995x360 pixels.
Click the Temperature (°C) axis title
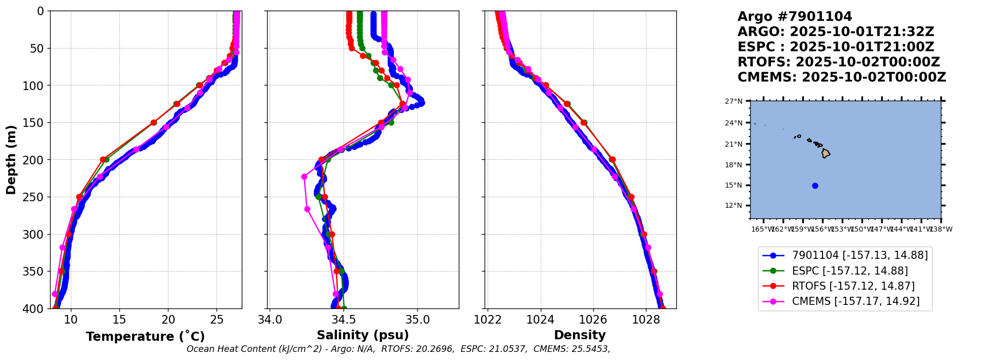tap(145, 337)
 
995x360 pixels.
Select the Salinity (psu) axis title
tap(363, 335)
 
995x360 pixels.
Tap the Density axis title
tap(580, 335)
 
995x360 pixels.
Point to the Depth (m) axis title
tap(11, 160)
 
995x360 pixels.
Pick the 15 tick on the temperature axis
tap(119, 320)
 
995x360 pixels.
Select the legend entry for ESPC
tap(849, 271)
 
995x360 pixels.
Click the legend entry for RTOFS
tap(853, 286)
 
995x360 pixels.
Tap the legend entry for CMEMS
tap(855, 301)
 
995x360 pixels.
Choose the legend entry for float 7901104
tap(859, 256)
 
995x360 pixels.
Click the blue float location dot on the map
tap(815, 186)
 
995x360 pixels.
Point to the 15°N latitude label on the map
tap(734, 186)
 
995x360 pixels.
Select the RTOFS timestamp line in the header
tap(838, 62)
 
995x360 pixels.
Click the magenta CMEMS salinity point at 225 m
tap(304, 177)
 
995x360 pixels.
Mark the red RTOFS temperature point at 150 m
tap(154, 122)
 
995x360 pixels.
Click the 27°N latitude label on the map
tap(734, 102)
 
